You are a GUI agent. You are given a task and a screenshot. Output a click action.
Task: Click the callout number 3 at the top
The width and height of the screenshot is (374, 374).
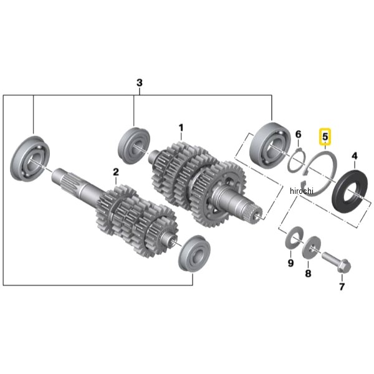[x=140, y=83]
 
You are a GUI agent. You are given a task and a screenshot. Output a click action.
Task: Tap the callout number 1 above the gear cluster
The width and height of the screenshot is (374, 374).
[x=181, y=128]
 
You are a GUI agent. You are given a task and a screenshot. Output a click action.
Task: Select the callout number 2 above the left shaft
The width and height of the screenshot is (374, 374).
[x=116, y=172]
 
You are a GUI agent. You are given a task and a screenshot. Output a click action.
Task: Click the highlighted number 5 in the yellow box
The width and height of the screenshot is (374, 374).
[x=325, y=137]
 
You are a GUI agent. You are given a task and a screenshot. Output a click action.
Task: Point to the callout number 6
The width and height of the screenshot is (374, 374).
[x=299, y=135]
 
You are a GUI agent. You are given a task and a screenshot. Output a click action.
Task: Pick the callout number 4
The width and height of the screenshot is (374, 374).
[x=355, y=156]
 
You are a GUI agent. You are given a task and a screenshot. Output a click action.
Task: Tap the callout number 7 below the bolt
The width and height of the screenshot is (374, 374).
[x=342, y=287]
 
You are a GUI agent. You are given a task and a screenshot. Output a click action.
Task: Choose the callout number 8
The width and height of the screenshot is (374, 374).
[x=308, y=273]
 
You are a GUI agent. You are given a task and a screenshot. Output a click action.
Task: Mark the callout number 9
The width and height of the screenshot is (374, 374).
[x=290, y=263]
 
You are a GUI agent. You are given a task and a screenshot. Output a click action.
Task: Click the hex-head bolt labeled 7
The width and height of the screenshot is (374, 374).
[x=337, y=263]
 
